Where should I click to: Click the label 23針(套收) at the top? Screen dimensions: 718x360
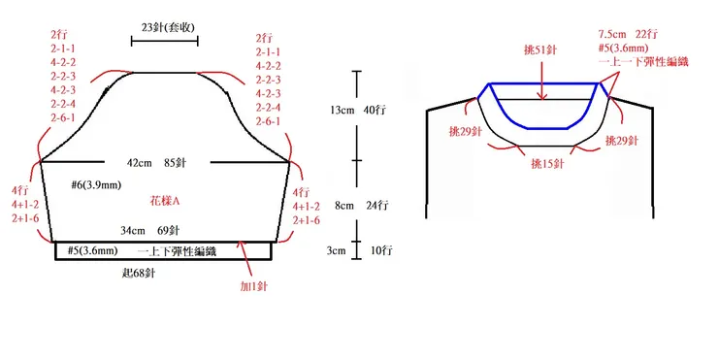(x=164, y=26)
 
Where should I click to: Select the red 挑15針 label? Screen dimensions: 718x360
(x=549, y=164)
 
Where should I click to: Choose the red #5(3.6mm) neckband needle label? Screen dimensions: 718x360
(x=634, y=48)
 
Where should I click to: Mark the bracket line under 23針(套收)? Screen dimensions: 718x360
(x=164, y=41)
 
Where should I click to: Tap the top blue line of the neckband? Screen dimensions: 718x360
(x=543, y=84)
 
